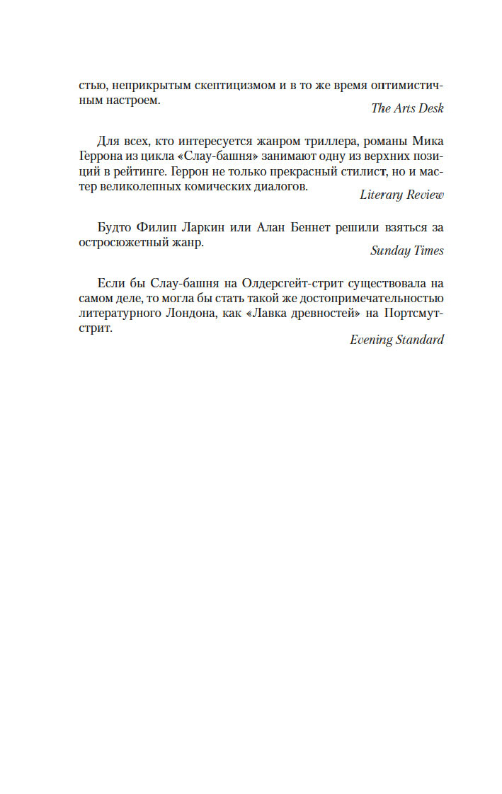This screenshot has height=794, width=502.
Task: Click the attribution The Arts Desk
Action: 407,108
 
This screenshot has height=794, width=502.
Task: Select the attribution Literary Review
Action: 401,194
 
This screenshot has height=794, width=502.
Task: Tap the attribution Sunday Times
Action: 407,251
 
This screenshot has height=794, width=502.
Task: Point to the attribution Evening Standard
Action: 397,340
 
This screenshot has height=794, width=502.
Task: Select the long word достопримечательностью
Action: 375,300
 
